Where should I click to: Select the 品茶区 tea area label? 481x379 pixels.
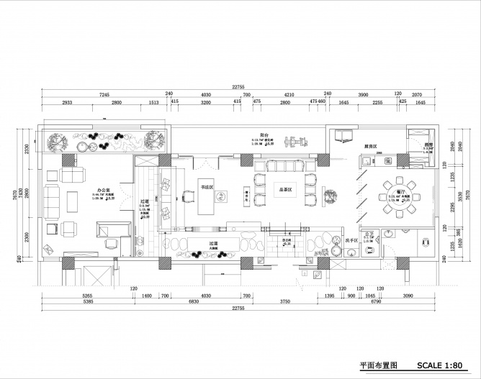[x=285, y=191]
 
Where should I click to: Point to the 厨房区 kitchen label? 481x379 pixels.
[x=372, y=145]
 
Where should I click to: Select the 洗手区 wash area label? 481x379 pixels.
[x=352, y=239]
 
